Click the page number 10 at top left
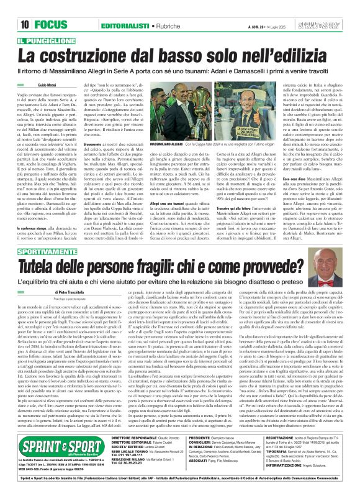pos(25,7)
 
